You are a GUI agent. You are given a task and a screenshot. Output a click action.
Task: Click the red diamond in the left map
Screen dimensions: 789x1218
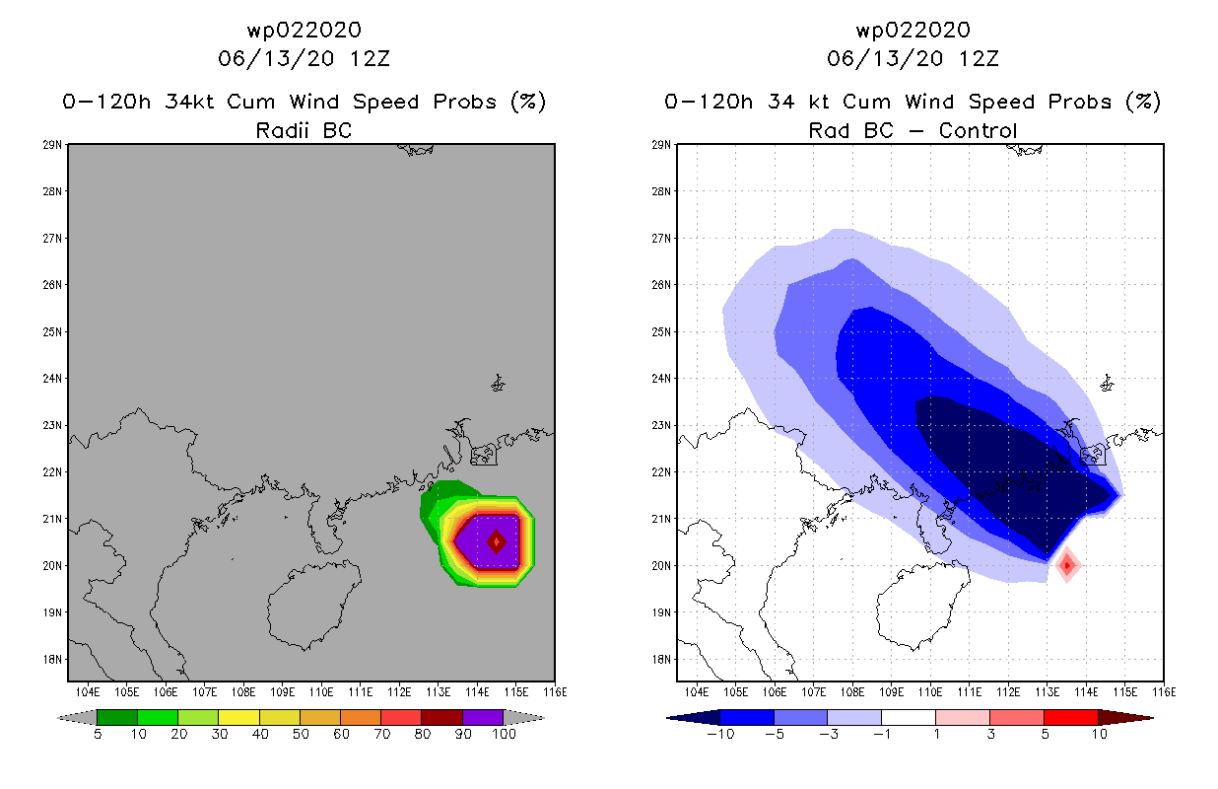tap(497, 540)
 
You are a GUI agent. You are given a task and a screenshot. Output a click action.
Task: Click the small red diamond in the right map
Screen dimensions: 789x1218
tap(1066, 565)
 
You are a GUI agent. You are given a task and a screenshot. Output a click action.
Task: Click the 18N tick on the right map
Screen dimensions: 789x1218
tap(663, 659)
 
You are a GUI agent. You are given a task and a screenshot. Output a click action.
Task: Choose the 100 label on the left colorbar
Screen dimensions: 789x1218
tap(503, 734)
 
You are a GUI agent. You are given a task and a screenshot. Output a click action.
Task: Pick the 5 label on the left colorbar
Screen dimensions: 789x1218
tap(98, 734)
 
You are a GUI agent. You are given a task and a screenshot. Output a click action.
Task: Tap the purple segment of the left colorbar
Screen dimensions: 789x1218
tap(483, 717)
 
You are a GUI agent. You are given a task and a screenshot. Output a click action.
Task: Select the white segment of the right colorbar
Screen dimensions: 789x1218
tap(908, 717)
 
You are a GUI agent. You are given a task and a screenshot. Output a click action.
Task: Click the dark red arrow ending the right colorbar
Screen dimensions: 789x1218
tap(1124, 717)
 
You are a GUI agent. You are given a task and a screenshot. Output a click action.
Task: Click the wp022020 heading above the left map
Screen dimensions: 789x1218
tap(304, 30)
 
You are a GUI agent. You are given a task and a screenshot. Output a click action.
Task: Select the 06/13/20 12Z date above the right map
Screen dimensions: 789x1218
tap(913, 58)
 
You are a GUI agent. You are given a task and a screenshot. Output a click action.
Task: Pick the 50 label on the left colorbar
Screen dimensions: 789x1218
tap(300, 734)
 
